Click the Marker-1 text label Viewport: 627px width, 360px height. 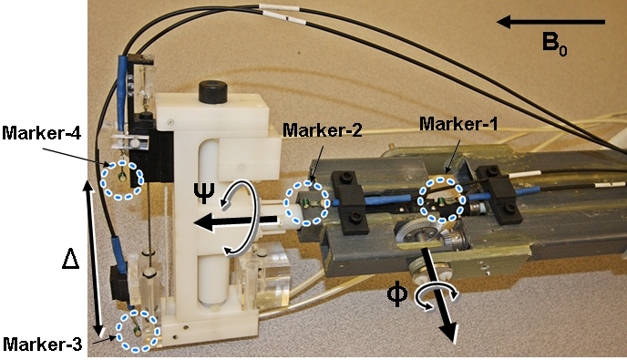458,124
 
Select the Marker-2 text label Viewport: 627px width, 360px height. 323,130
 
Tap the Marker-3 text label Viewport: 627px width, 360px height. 42,344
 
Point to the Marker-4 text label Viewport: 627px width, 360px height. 42,133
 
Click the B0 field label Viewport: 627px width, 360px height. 554,43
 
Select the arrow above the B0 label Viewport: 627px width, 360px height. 551,22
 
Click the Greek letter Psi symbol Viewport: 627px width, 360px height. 204,193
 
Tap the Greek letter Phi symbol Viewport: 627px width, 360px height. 397,294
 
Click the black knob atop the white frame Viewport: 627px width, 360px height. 213,92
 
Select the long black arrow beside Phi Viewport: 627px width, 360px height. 438,295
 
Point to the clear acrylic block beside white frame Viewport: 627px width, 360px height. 263,278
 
